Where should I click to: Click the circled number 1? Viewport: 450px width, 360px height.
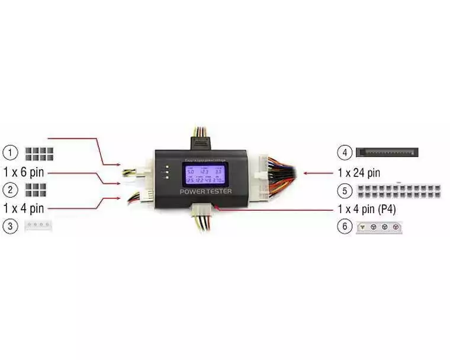[10, 153]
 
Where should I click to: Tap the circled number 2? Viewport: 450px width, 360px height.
[10, 189]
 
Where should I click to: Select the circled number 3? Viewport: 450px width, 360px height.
[10, 226]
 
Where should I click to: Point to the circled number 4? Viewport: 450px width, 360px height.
[345, 152]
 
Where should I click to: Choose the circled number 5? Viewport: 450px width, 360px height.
[345, 191]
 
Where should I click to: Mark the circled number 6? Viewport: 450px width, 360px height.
[345, 227]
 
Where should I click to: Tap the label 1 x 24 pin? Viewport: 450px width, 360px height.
[358, 173]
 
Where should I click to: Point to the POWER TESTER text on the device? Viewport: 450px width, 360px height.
[205, 192]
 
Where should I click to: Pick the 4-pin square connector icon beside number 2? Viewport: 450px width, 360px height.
[36, 190]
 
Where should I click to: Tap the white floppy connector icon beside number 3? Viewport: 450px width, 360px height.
[38, 226]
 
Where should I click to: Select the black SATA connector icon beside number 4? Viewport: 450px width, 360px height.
[387, 153]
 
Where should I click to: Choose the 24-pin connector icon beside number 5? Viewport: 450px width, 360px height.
[400, 191]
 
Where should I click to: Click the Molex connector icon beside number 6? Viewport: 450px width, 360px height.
[379, 227]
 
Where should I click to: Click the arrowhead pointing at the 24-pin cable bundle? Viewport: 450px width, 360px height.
[306, 173]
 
